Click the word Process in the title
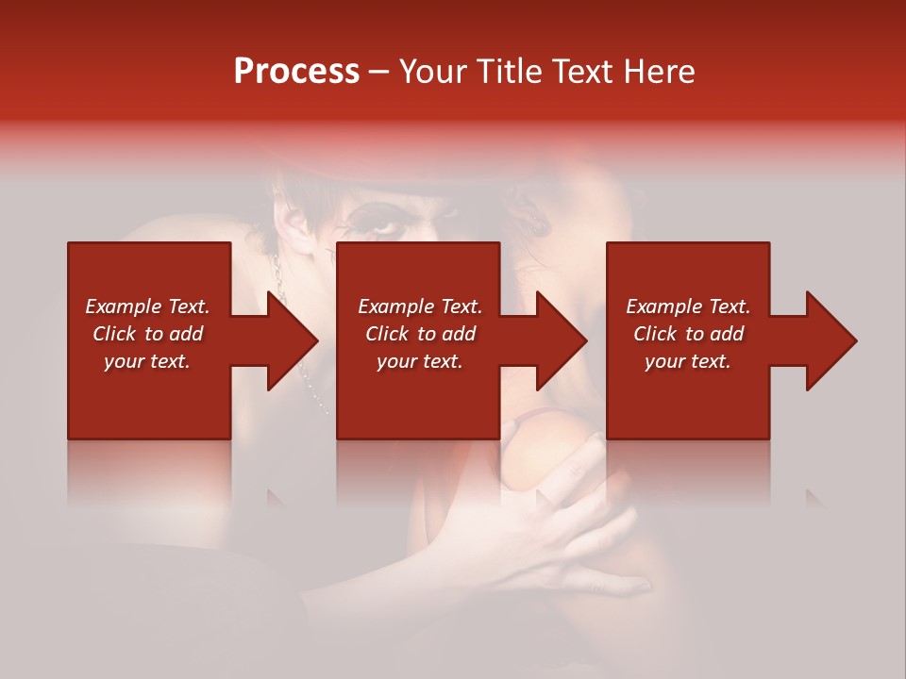click(296, 72)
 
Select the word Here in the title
click(659, 72)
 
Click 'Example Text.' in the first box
click(147, 306)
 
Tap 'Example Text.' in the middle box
click(420, 306)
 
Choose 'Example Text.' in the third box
click(688, 306)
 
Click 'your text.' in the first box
click(147, 361)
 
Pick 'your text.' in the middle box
click(420, 361)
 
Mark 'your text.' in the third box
click(688, 361)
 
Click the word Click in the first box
click(115, 334)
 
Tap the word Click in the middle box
click(388, 334)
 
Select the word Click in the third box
click(656, 334)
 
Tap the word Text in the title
click(584, 72)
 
